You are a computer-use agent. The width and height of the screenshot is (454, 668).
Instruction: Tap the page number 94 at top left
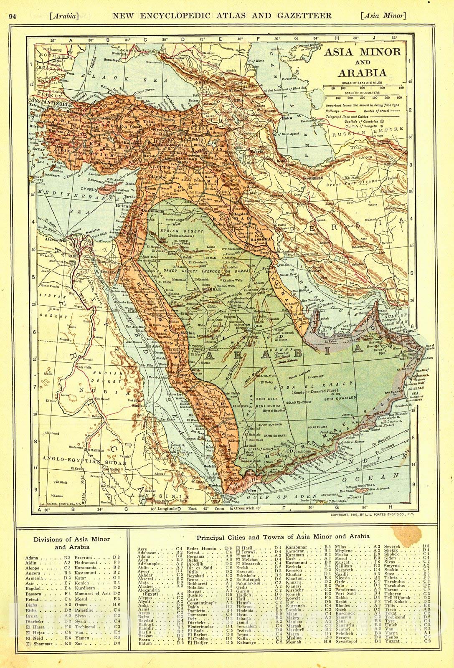[x=12, y=16]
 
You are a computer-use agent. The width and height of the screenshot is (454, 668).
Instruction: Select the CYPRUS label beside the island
[x=95, y=189]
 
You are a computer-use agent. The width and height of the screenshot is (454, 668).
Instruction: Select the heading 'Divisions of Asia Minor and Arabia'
[x=71, y=542]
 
